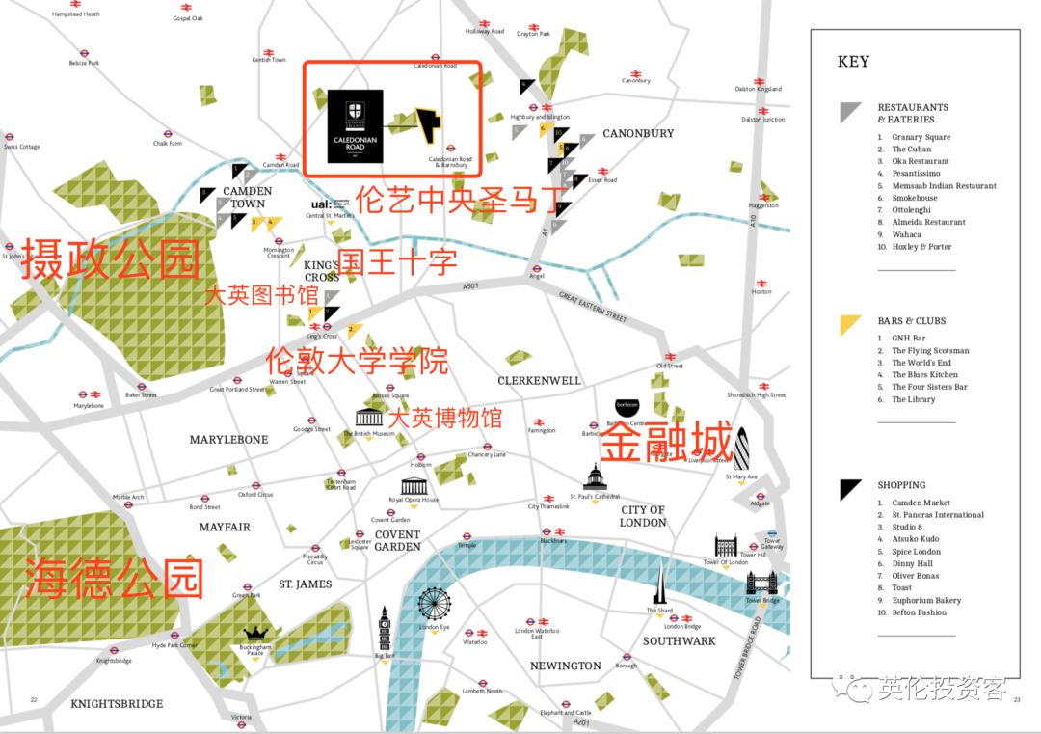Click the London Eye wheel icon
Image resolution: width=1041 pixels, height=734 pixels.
(x=434, y=605)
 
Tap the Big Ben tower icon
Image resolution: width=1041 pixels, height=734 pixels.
(x=384, y=628)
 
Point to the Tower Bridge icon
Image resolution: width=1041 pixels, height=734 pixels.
(x=761, y=583)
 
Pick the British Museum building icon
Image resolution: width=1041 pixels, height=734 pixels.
(x=368, y=418)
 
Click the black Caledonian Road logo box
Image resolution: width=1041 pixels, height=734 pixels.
(x=355, y=126)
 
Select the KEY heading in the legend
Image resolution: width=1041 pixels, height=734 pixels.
(x=853, y=62)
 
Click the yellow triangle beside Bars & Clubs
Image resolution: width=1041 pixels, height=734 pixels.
(x=849, y=325)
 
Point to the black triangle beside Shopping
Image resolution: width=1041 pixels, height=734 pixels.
(x=849, y=489)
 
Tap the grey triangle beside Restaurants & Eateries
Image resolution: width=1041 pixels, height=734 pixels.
(x=849, y=112)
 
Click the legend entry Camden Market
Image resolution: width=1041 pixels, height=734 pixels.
(x=921, y=503)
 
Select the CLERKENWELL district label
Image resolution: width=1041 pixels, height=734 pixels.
(x=539, y=381)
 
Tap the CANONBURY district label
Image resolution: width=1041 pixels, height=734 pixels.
(x=638, y=133)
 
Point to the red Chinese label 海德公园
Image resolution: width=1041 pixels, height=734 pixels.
(x=114, y=578)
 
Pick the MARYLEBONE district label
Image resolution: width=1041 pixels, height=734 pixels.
(x=228, y=440)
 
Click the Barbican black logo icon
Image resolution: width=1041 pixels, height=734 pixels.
(x=627, y=407)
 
